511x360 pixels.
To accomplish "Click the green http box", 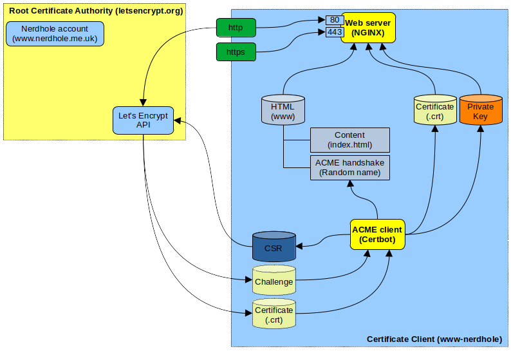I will (x=236, y=28).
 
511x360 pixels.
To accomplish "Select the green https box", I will (x=236, y=52).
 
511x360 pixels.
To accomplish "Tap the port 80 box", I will (x=335, y=20).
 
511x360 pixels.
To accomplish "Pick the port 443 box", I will (x=335, y=32).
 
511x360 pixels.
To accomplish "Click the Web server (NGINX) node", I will (x=367, y=27).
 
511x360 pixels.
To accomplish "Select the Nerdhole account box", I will (x=55, y=33).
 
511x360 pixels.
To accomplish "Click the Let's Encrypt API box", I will (x=143, y=120).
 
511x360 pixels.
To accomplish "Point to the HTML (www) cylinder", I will (x=283, y=110).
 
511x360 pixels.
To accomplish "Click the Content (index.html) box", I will (x=349, y=140).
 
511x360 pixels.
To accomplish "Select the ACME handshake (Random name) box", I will (x=349, y=167).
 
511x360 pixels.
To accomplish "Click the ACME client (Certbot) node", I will (x=376, y=234).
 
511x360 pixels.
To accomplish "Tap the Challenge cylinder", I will (x=274, y=281).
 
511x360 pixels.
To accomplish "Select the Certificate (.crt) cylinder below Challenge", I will (x=274, y=314).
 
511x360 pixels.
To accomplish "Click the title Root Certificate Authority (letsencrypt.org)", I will (x=95, y=11).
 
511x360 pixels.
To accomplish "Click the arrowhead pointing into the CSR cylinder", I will (x=301, y=245).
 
